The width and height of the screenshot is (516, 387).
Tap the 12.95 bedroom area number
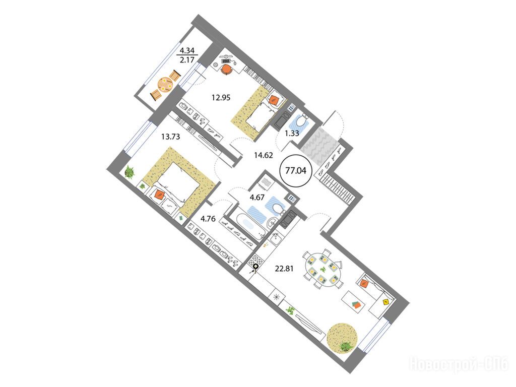coord(221,98)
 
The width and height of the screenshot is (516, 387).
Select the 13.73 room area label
coord(170,136)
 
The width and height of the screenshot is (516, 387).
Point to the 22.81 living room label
coord(284,269)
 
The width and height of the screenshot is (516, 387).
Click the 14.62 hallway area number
coord(264,155)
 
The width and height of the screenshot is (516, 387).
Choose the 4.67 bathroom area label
coord(257,198)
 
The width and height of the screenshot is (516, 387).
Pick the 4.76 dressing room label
coord(208,219)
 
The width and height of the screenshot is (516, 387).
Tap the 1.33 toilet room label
coord(292,133)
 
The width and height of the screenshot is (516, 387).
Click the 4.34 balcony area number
coord(187,51)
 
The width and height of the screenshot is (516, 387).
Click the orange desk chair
coord(227,70)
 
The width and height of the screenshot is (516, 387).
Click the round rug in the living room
coord(342,338)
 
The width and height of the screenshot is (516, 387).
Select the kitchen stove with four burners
coord(256,262)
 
